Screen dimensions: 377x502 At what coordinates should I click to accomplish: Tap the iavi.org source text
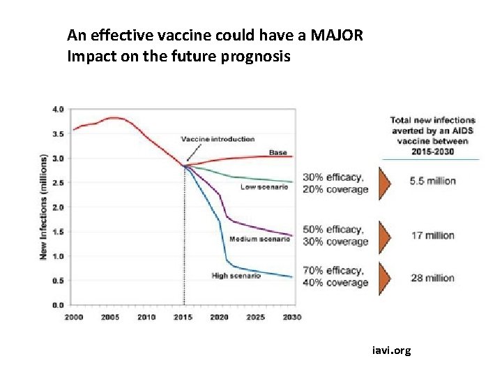[391, 350]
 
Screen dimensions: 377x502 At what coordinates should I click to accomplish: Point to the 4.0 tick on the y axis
[58, 110]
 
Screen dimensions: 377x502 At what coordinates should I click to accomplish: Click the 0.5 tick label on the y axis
[58, 281]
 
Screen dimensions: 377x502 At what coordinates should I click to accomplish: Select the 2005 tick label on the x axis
[110, 317]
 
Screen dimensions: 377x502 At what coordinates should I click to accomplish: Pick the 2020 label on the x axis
[219, 317]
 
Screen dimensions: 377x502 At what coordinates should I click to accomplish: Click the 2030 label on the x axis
[291, 317]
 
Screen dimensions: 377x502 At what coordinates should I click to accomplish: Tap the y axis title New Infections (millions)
[43, 207]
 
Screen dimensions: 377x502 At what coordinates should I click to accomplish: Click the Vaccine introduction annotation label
[218, 139]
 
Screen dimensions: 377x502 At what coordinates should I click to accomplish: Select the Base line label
[277, 153]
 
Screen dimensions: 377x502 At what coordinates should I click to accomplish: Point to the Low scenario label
[264, 187]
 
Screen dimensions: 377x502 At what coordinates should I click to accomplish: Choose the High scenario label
[236, 276]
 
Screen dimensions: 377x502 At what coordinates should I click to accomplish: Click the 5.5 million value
[432, 181]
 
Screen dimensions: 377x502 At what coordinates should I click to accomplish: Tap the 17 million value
[432, 236]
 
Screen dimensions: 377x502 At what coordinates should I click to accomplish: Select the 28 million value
[432, 278]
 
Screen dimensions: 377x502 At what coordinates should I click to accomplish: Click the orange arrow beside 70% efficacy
[384, 278]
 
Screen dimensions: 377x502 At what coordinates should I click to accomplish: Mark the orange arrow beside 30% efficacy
[384, 183]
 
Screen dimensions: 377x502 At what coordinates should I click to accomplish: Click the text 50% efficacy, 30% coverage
[335, 236]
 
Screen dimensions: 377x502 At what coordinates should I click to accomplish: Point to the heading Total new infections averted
[432, 135]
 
